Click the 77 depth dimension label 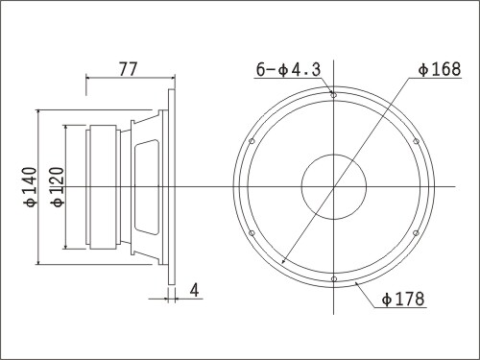coord(129,69)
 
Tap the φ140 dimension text coord(31,187)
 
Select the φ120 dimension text coord(59,187)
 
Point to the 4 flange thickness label coord(194,290)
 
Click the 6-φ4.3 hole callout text coord(288,69)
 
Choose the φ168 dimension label coord(440,69)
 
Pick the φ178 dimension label coord(403,299)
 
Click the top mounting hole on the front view coord(333,95)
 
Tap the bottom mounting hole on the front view coord(333,279)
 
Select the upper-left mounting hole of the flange coord(252,141)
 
